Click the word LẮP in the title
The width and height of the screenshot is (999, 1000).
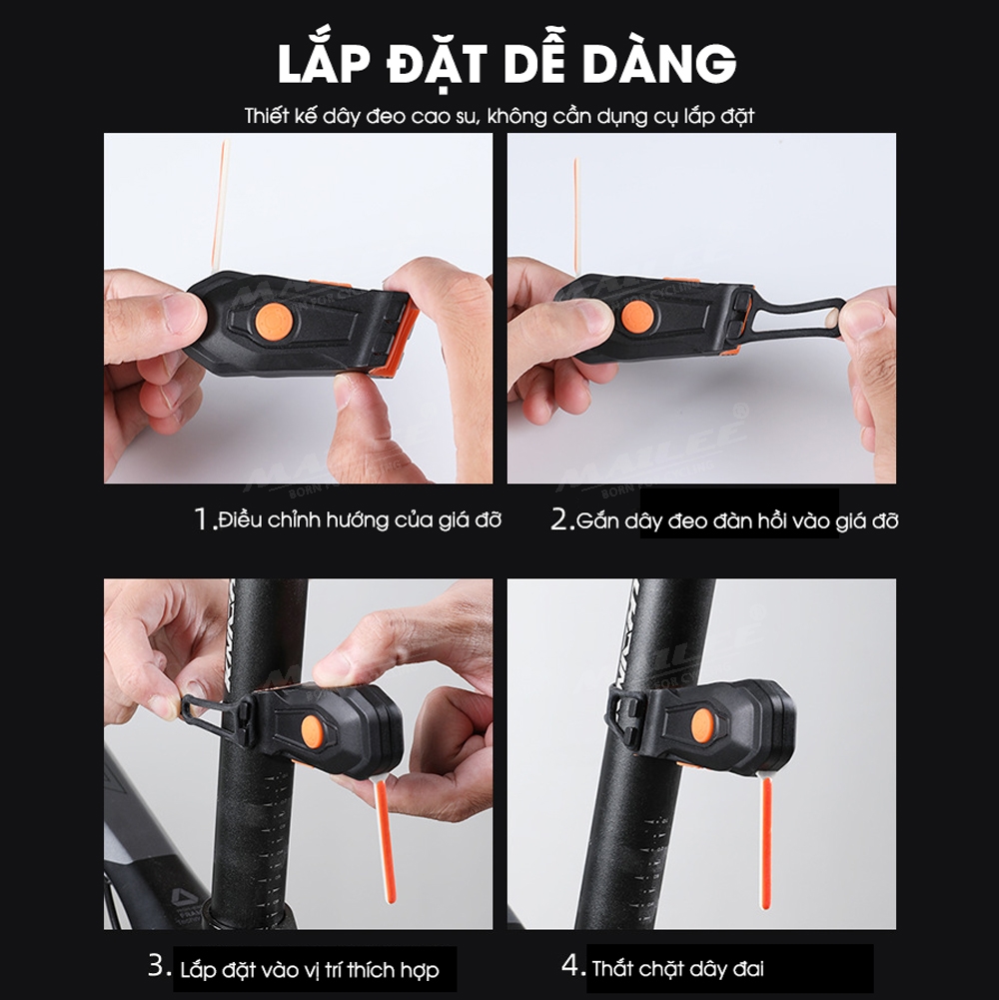click(324, 63)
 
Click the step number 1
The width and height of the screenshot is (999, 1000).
click(204, 519)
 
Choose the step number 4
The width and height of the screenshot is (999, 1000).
click(571, 964)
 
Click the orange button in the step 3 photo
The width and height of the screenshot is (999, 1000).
click(313, 727)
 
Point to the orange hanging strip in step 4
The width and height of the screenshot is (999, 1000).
click(766, 842)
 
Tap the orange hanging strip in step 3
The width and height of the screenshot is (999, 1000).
click(385, 841)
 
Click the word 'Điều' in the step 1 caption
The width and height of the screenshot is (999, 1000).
click(240, 519)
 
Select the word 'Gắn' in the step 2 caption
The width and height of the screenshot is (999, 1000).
click(597, 521)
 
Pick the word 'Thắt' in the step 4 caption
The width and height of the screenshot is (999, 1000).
click(613, 968)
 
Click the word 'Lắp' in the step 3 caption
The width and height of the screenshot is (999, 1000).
click(200, 970)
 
